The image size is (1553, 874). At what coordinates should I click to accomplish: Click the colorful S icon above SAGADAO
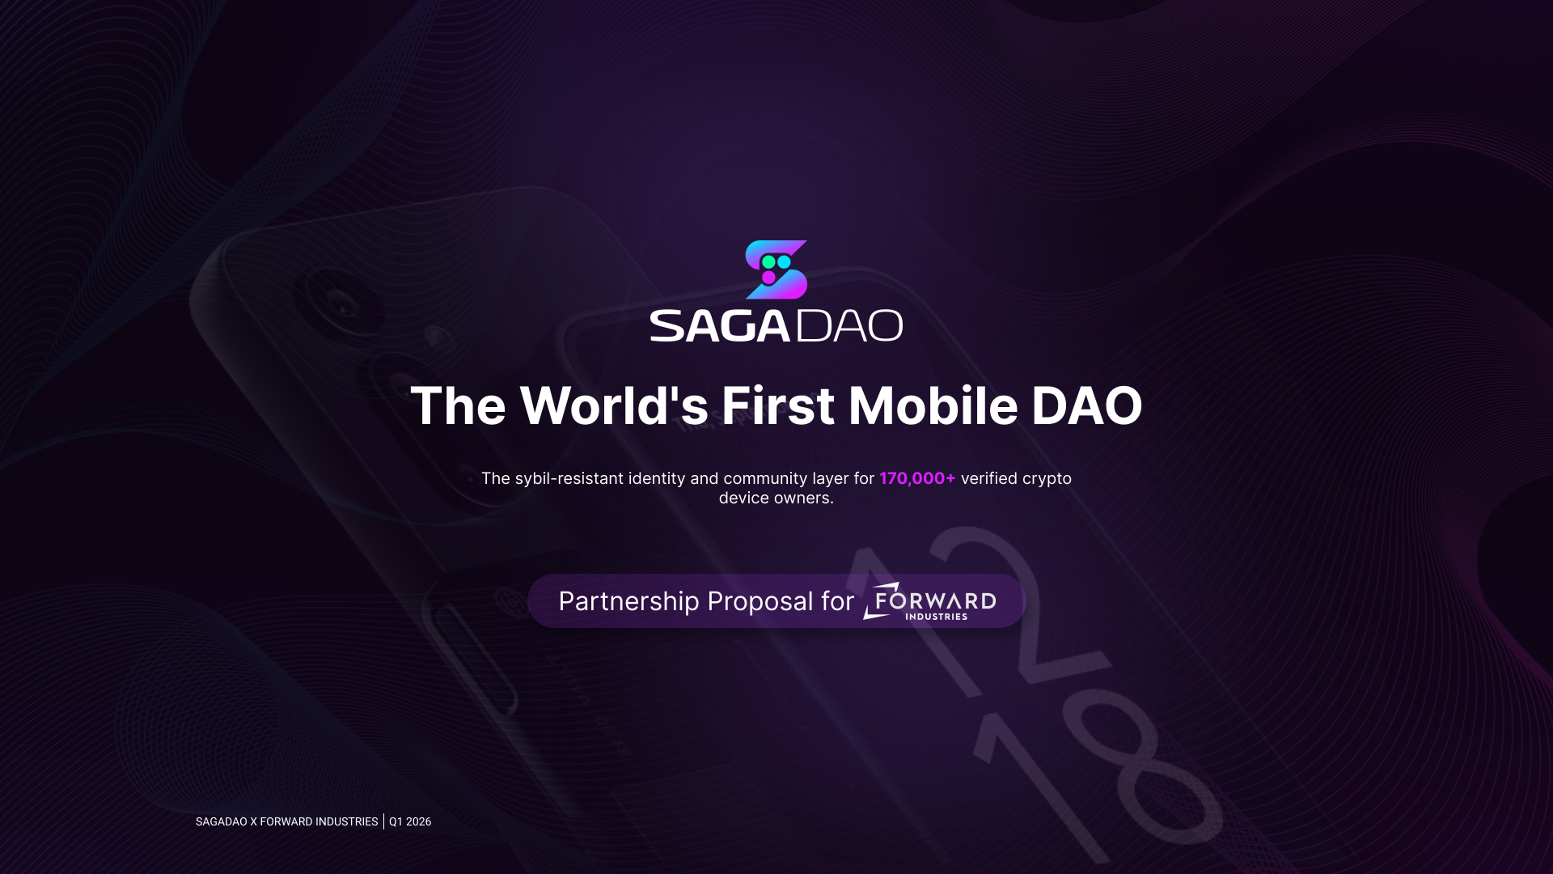click(776, 269)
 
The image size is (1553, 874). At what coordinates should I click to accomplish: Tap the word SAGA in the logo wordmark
click(720, 325)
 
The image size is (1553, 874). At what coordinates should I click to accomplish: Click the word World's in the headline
click(614, 405)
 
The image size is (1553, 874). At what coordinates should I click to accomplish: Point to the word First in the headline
click(778, 405)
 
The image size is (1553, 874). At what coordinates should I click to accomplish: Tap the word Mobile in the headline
click(933, 405)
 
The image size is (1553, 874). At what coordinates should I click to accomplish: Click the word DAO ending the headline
click(1086, 405)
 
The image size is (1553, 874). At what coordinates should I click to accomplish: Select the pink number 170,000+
click(917, 478)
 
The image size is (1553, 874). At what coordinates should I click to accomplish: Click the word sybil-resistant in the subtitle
click(569, 479)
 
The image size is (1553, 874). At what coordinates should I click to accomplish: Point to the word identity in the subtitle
click(657, 479)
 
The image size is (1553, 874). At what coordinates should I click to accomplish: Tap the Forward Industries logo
click(929, 601)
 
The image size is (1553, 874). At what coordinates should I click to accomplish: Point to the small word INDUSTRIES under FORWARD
click(937, 617)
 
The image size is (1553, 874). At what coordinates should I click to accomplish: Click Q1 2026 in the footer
click(410, 821)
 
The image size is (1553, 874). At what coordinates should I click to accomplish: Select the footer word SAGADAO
click(222, 821)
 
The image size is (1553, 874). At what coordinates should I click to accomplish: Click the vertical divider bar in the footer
click(383, 821)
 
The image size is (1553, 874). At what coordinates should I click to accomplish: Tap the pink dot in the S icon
click(768, 278)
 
